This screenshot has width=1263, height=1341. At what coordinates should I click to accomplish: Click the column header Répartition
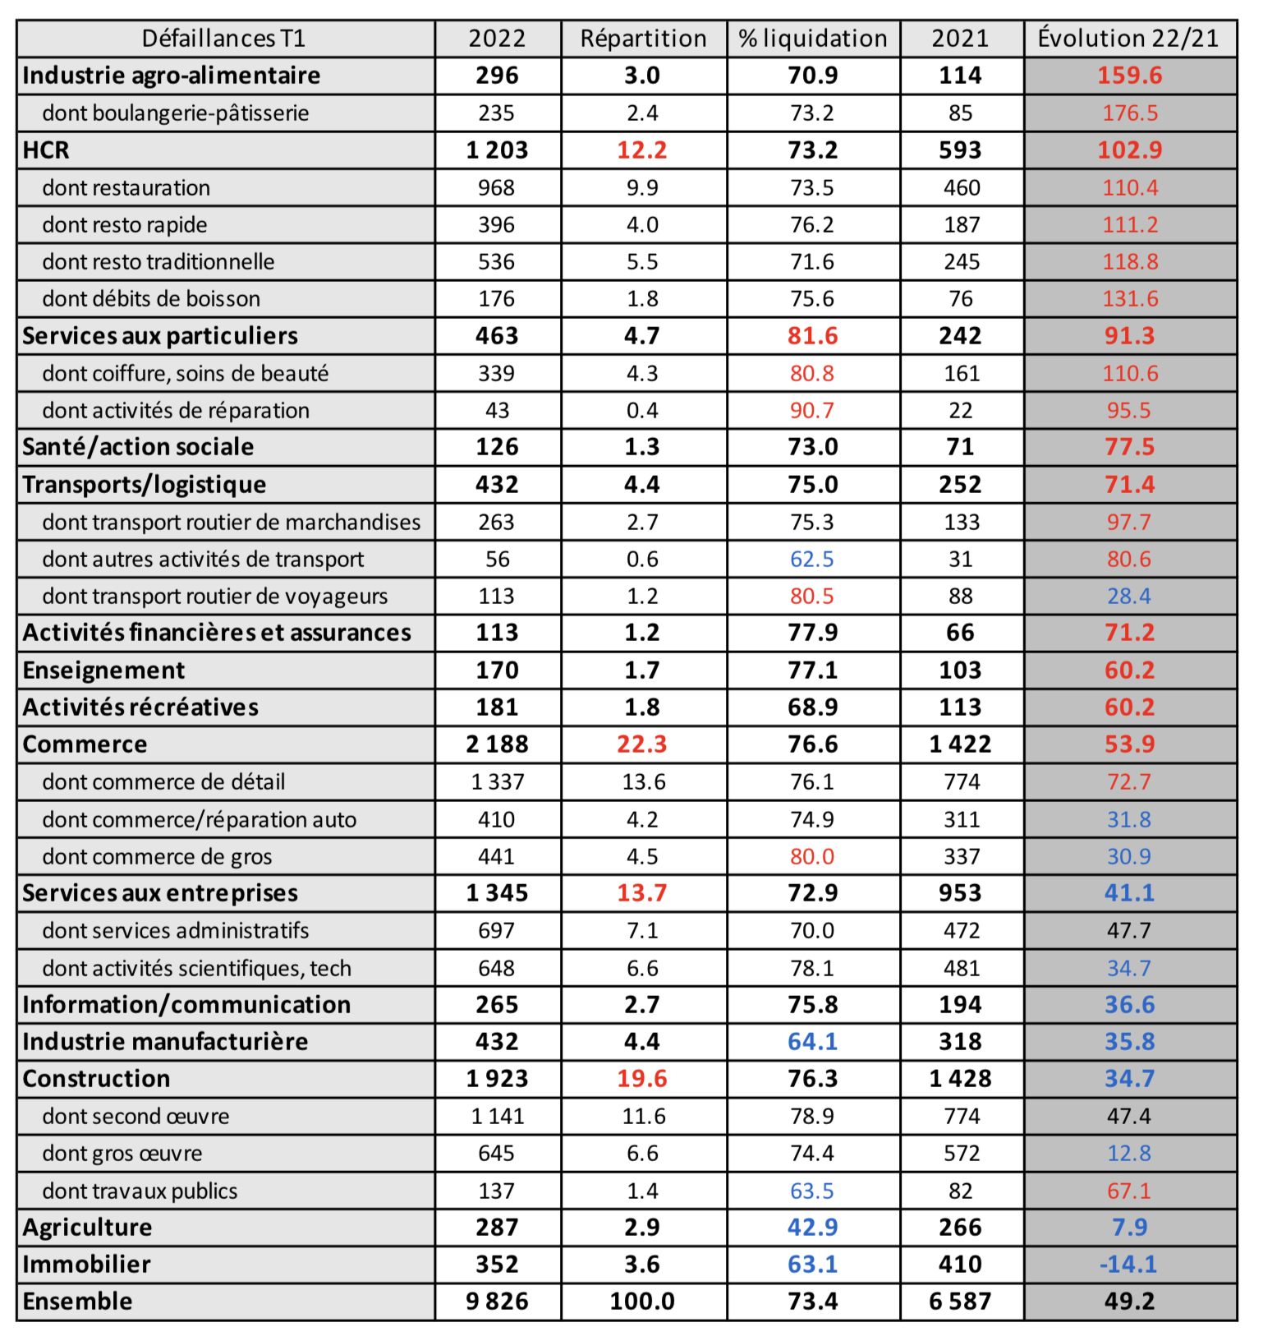pos(643,39)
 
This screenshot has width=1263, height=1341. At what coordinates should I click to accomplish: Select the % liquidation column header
pos(812,39)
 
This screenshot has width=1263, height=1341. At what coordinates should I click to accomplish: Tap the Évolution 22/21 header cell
pos(1128,39)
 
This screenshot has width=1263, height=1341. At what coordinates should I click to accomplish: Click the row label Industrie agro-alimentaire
pos(172,76)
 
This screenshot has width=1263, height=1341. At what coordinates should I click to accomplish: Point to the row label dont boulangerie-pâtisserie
pos(176,113)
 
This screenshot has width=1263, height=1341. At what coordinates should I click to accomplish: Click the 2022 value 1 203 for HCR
pos(497,150)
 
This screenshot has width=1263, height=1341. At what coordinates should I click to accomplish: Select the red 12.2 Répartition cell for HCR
pos(642,150)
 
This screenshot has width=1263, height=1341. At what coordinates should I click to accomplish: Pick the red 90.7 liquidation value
pos(812,410)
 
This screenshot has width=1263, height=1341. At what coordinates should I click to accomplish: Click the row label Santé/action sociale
pos(138,447)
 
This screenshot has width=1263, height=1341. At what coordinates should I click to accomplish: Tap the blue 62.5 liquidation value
pos(812,559)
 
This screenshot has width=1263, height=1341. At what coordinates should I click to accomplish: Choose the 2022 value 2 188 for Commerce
pos(497,744)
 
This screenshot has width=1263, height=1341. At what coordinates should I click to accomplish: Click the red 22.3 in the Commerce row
pos(642,744)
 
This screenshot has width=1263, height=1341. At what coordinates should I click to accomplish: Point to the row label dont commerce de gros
pos(157,856)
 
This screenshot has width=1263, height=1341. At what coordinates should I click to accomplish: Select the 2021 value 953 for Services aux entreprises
pos(960,893)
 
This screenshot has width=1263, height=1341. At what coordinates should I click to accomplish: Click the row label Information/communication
pos(186,1005)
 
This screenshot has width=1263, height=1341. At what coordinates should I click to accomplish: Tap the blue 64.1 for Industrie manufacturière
pos(812,1042)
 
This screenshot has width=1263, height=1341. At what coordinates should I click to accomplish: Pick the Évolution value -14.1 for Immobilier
pos(1128,1265)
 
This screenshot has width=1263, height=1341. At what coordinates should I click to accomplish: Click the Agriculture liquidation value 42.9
pos(812,1228)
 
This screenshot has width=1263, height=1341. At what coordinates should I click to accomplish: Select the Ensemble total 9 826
pos(497,1302)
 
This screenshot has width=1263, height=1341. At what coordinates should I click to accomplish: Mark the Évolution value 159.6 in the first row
pos(1130,76)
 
